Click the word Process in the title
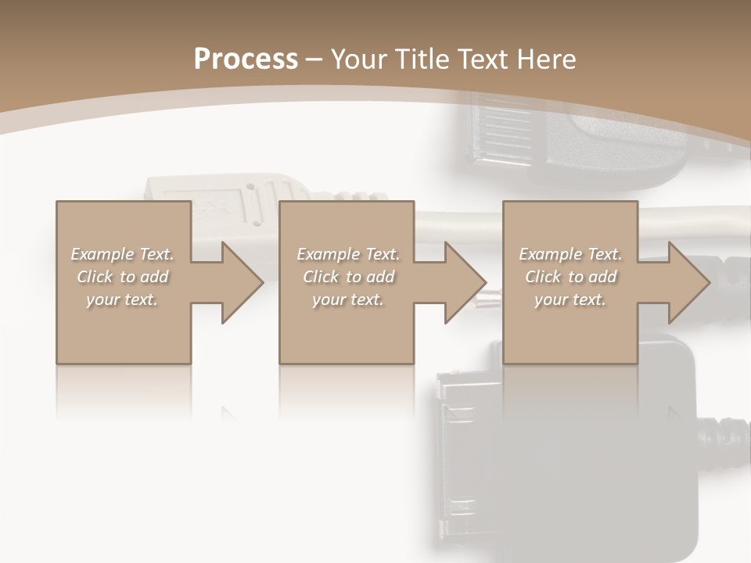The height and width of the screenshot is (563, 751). coord(246,59)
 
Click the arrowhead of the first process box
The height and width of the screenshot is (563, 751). coord(243,282)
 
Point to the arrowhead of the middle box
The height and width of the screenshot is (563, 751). coord(466,282)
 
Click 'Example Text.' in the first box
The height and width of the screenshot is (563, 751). coord(122,254)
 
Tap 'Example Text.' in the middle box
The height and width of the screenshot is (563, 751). coord(348,254)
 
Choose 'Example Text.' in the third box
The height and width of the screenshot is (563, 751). coord(570,254)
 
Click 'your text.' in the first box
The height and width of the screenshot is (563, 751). coord(122,299)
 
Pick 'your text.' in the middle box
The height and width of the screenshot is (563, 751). coord(348,299)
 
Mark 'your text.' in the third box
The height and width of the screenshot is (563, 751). coord(570,299)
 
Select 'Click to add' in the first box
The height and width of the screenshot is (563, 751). coord(122,277)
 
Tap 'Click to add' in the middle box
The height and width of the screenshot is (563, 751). coord(348,277)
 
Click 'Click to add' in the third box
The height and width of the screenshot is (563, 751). coord(570,277)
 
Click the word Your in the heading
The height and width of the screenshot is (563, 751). coord(359,59)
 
